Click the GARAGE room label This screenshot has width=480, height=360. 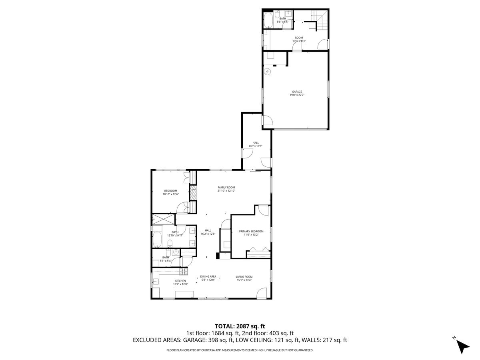point(296,92)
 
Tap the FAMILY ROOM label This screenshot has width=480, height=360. point(226,188)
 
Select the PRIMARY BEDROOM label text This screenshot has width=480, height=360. point(251,231)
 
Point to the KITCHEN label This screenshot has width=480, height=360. point(180,281)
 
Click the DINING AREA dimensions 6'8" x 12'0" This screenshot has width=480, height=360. point(208,280)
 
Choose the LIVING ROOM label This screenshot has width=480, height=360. point(244,276)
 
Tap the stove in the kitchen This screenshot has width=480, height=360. point(184,272)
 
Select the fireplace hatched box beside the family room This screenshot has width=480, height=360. point(193,193)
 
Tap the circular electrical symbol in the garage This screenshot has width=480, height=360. point(268,72)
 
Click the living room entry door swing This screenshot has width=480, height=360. point(262,293)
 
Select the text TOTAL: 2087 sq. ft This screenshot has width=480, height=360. point(240,326)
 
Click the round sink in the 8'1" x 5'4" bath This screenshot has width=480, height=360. point(175,252)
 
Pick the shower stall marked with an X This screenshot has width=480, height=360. point(163,220)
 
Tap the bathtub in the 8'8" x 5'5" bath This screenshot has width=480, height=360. point(268,20)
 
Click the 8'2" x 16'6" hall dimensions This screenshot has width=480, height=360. point(256,146)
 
